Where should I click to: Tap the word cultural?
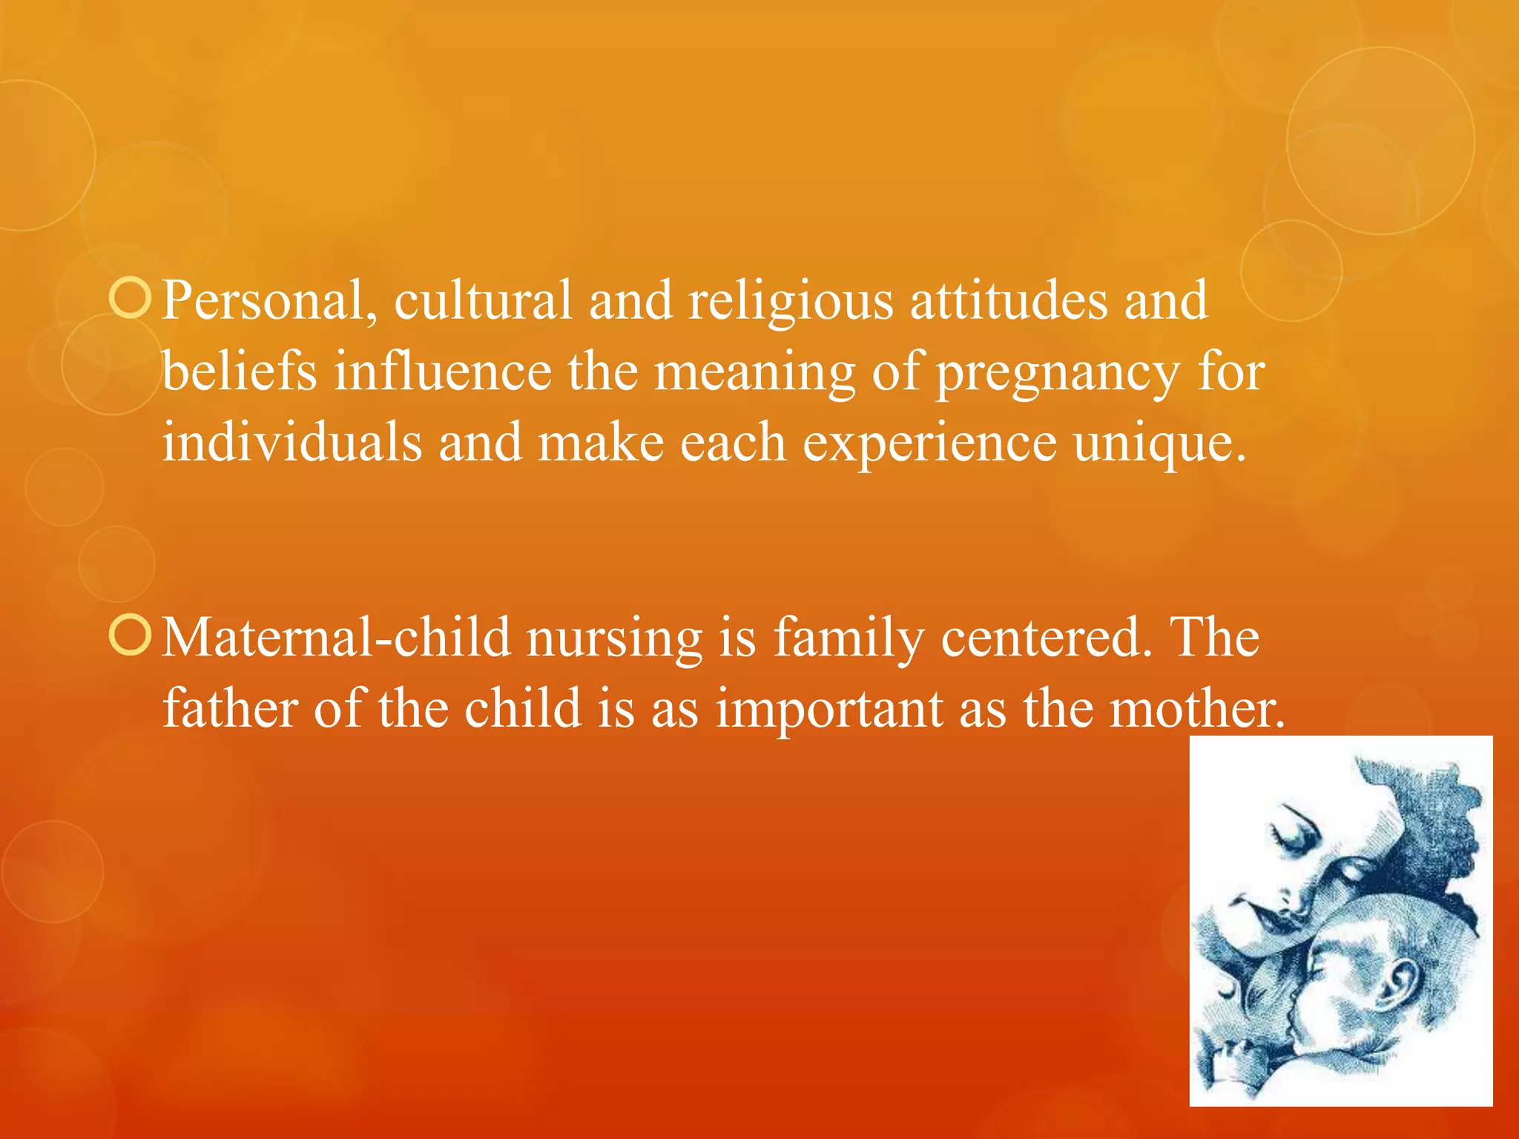tap(483, 301)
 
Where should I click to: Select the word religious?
tap(791, 301)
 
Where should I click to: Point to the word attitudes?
tap(1008, 301)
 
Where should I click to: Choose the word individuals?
tap(292, 442)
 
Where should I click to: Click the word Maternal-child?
tap(336, 638)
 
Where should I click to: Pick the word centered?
tap(1047, 638)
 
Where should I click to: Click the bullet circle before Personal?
tap(130, 299)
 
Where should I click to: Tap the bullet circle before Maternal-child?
tap(130, 636)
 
